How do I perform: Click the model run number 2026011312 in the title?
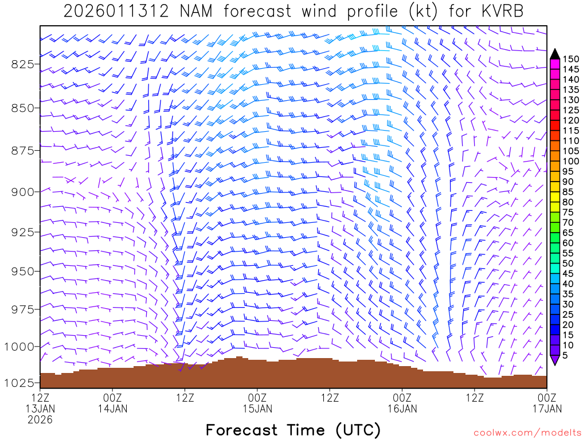point(116,11)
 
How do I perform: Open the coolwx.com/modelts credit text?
point(526,432)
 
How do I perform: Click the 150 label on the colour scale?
point(572,58)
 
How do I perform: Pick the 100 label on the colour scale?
point(572,161)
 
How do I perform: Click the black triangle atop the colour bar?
point(555,53)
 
